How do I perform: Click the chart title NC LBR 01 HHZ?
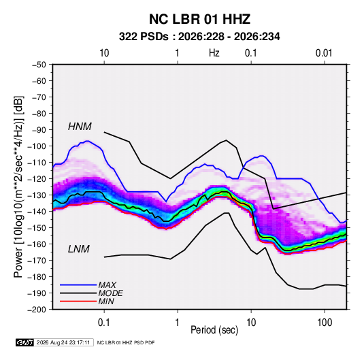[x=199, y=19]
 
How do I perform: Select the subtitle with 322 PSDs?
[x=199, y=37]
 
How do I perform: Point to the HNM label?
[x=80, y=127]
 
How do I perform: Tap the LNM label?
[x=79, y=249]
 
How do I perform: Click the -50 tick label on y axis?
[x=39, y=65]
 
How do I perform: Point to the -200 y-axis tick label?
[x=37, y=310]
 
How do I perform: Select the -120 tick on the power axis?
[x=37, y=179]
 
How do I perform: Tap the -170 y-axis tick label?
[x=37, y=261]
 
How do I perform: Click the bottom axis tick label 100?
[x=325, y=323]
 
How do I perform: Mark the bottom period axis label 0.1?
[x=104, y=323]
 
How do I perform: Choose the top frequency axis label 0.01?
[x=324, y=53]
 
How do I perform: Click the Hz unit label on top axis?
[x=214, y=53]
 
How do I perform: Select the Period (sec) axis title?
[x=214, y=330]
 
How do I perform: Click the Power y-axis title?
[x=18, y=186]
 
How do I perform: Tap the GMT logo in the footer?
[x=24, y=342]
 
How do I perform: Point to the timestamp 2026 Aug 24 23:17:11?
[x=63, y=342]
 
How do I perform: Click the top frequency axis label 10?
[x=104, y=53]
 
